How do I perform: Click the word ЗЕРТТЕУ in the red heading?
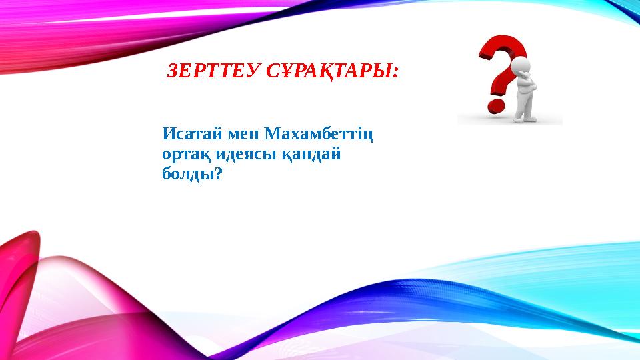pyautogui.click(x=213, y=71)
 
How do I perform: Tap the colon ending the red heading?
pyautogui.click(x=395, y=73)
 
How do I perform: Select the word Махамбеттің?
pyautogui.click(x=319, y=134)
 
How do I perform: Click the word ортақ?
pyautogui.click(x=186, y=155)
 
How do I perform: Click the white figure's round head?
pyautogui.click(x=521, y=65)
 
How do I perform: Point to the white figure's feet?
pyautogui.click(x=525, y=119)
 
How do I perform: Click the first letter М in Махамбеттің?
pyautogui.click(x=272, y=134)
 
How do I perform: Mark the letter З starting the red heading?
pyautogui.click(x=172, y=71)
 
